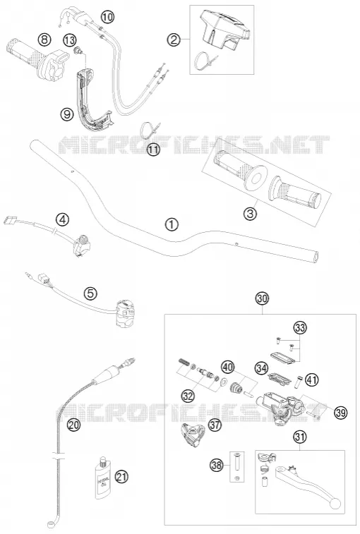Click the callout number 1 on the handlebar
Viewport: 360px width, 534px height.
(x=172, y=224)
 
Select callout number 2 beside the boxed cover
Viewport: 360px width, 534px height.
(x=174, y=40)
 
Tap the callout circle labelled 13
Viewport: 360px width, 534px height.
(x=70, y=40)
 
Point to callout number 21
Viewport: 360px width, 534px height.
(x=121, y=476)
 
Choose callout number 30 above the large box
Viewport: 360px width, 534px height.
(x=263, y=298)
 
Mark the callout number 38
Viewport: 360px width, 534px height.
(x=217, y=465)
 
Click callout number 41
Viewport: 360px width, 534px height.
(x=311, y=379)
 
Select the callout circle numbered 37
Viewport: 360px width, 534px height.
(x=215, y=425)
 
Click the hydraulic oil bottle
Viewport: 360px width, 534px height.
(x=102, y=478)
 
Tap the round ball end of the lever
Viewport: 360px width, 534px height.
(x=335, y=504)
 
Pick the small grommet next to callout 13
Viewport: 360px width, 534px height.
(x=79, y=50)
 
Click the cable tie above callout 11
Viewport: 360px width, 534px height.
(x=150, y=130)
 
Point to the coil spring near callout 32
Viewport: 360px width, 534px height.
(x=184, y=362)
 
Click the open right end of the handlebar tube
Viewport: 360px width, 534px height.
(x=317, y=257)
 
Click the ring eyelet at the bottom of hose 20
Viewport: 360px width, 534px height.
(x=51, y=524)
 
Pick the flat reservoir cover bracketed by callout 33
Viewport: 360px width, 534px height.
(x=282, y=358)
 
